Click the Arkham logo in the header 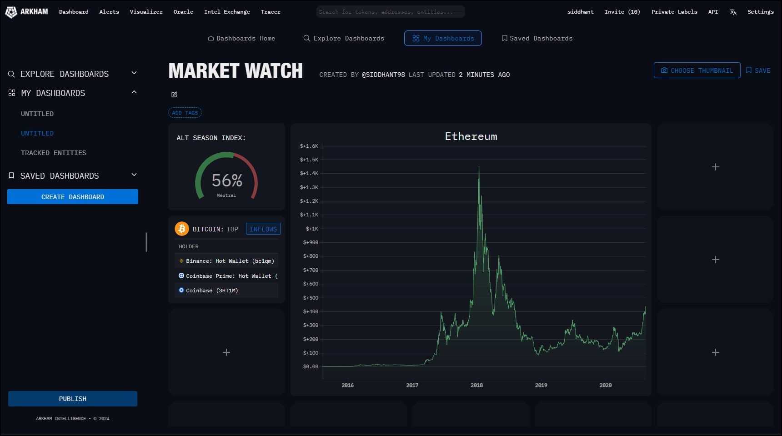[x=26, y=12]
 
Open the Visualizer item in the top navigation [x=146, y=12]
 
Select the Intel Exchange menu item [x=227, y=12]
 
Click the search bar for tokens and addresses [x=390, y=12]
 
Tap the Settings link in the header [x=760, y=12]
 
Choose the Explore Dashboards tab [x=344, y=38]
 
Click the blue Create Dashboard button [x=73, y=197]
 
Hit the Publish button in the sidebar [x=73, y=399]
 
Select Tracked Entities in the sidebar [x=54, y=153]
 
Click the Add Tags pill [x=185, y=113]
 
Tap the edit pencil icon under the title [x=174, y=95]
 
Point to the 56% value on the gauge [x=227, y=180]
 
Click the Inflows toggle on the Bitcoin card [x=263, y=229]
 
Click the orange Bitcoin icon [x=182, y=229]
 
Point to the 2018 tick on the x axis [x=476, y=385]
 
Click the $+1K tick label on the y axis [x=312, y=229]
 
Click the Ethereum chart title [x=471, y=136]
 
